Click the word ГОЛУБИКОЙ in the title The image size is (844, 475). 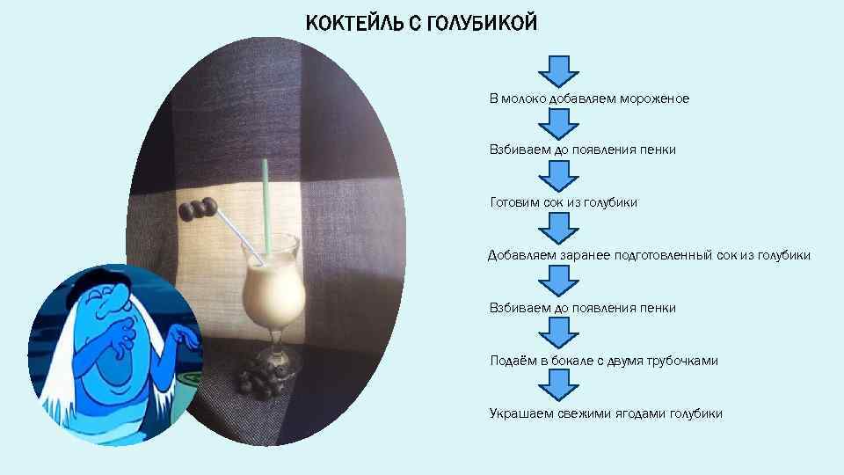tap(480, 23)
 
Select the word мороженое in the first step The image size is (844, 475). tap(655, 99)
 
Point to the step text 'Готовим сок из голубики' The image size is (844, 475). tap(564, 202)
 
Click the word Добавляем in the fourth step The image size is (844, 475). tap(519, 255)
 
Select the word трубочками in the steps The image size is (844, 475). tap(682, 361)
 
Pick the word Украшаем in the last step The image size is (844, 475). tap(520, 413)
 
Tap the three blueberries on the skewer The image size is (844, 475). tap(198, 209)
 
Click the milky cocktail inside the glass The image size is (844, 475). tap(273, 290)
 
